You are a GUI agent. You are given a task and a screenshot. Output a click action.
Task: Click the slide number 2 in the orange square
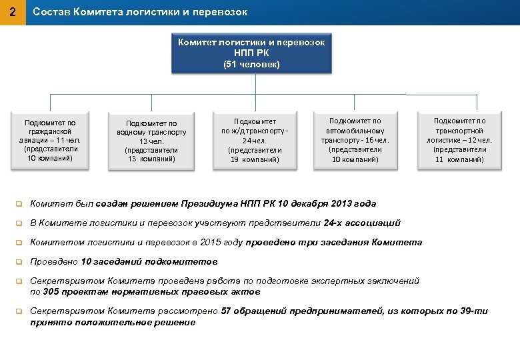click(13, 12)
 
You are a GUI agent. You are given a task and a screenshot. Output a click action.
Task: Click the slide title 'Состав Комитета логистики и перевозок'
click(140, 12)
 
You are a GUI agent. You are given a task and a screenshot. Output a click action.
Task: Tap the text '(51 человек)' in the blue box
click(251, 65)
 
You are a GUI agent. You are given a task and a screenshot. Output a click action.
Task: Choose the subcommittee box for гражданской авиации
click(50, 140)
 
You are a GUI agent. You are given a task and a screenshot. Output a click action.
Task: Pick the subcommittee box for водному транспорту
click(151, 141)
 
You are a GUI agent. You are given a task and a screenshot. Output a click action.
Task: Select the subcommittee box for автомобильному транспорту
click(355, 140)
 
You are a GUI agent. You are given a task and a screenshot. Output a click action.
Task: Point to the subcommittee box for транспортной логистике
click(459, 140)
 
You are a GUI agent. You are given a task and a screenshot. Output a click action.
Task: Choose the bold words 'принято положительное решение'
click(113, 322)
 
